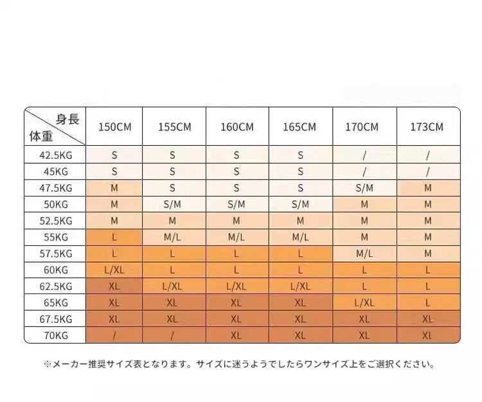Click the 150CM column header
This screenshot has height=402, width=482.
click(x=114, y=127)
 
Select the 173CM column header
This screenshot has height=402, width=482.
click(x=427, y=127)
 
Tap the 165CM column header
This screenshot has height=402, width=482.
click(x=299, y=127)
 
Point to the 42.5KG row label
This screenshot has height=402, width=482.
click(x=55, y=155)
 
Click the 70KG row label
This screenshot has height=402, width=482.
click(x=55, y=335)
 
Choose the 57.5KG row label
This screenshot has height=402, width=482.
click(x=55, y=253)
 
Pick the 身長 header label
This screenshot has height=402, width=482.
click(x=67, y=118)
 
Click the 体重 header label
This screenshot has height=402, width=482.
click(x=41, y=135)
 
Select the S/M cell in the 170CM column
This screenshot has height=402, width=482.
click(x=364, y=188)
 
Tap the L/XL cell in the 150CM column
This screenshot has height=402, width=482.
click(x=114, y=270)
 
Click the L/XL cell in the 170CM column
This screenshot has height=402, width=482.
click(x=364, y=302)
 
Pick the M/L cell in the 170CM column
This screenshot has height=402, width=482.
click(x=364, y=253)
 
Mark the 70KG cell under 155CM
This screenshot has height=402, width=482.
click(x=173, y=335)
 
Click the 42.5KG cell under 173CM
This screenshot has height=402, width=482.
click(x=427, y=155)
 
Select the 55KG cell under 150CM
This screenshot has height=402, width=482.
click(x=114, y=237)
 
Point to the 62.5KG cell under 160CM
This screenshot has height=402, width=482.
click(x=237, y=286)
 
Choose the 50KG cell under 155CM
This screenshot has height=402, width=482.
click(x=173, y=204)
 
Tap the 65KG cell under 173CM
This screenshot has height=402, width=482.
click(x=427, y=302)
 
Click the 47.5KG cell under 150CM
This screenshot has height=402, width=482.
click(x=114, y=188)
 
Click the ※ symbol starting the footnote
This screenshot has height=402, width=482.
click(x=47, y=364)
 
